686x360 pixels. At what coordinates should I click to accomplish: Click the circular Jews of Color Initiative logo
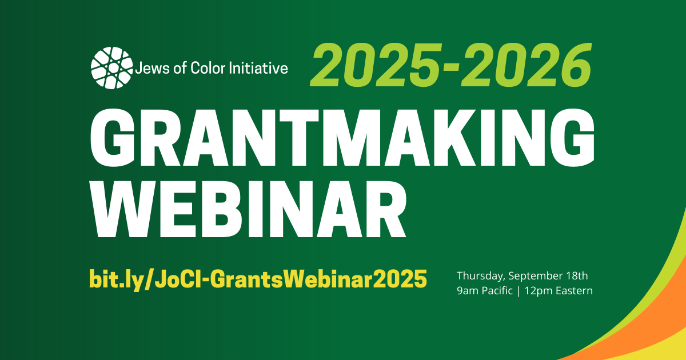[112, 67]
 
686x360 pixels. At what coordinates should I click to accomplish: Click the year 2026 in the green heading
[526, 65]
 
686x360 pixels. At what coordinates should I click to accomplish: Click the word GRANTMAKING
[342, 138]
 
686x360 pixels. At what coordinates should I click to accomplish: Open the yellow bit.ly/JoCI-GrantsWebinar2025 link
[258, 279]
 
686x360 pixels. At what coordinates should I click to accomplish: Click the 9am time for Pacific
[468, 291]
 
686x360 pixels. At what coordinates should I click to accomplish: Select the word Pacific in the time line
[497, 290]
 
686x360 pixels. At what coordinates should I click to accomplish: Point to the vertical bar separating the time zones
[519, 291]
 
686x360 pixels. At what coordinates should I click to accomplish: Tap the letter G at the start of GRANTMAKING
[112, 138]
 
